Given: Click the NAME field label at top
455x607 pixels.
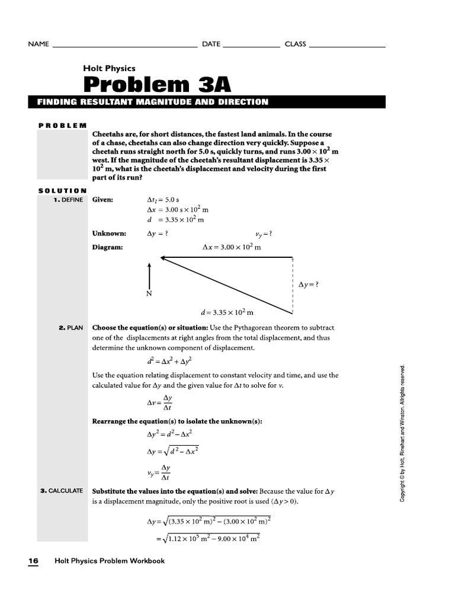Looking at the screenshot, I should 38,44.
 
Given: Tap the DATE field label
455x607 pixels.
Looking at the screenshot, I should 211,44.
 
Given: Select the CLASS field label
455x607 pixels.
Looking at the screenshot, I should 295,44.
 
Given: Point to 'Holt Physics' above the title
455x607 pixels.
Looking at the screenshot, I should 109,68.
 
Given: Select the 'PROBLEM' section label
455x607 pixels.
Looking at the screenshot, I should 62,125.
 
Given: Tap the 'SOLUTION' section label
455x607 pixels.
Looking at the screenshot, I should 62,190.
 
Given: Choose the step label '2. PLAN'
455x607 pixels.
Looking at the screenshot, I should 71,327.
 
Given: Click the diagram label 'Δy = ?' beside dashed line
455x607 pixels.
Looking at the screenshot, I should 309,285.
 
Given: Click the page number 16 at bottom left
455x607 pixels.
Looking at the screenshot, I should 33,561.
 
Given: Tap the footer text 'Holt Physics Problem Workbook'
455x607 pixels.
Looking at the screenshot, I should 110,561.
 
